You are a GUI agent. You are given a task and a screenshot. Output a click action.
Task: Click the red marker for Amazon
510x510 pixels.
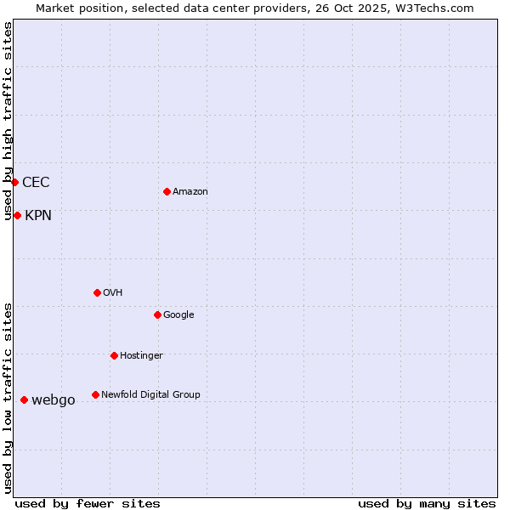click(167, 191)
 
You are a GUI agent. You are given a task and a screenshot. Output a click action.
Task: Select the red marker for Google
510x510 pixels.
click(157, 314)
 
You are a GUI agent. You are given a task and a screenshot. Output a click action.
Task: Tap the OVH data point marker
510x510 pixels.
click(97, 292)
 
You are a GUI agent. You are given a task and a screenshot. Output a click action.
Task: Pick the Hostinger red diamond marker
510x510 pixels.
click(114, 355)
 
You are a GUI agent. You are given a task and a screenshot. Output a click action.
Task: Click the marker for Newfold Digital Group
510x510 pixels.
click(95, 394)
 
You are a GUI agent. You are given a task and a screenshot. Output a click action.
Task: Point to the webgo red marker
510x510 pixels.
click(24, 399)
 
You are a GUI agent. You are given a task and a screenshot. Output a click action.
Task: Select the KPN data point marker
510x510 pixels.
click(17, 215)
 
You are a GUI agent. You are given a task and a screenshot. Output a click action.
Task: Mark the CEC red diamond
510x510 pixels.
click(14, 182)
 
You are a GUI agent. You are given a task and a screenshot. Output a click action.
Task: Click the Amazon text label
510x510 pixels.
click(190, 192)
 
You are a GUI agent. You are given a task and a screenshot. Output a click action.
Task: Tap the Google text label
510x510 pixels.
click(178, 315)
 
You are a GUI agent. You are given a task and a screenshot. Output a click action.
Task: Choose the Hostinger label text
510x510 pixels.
click(141, 356)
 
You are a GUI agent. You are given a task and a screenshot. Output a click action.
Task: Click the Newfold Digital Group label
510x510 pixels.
click(150, 395)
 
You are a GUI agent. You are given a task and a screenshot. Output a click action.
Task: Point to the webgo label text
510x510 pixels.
click(54, 400)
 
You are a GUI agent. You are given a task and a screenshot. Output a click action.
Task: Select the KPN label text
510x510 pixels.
click(38, 216)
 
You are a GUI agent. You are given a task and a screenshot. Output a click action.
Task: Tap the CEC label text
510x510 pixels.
click(36, 183)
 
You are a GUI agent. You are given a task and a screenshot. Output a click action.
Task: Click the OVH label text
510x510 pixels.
click(113, 293)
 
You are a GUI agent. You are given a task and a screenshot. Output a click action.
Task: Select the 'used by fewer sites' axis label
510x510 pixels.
click(88, 503)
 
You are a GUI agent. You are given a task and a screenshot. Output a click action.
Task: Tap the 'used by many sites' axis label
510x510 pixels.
click(427, 503)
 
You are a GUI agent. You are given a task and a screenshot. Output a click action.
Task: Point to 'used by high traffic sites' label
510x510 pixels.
click(8, 121)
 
